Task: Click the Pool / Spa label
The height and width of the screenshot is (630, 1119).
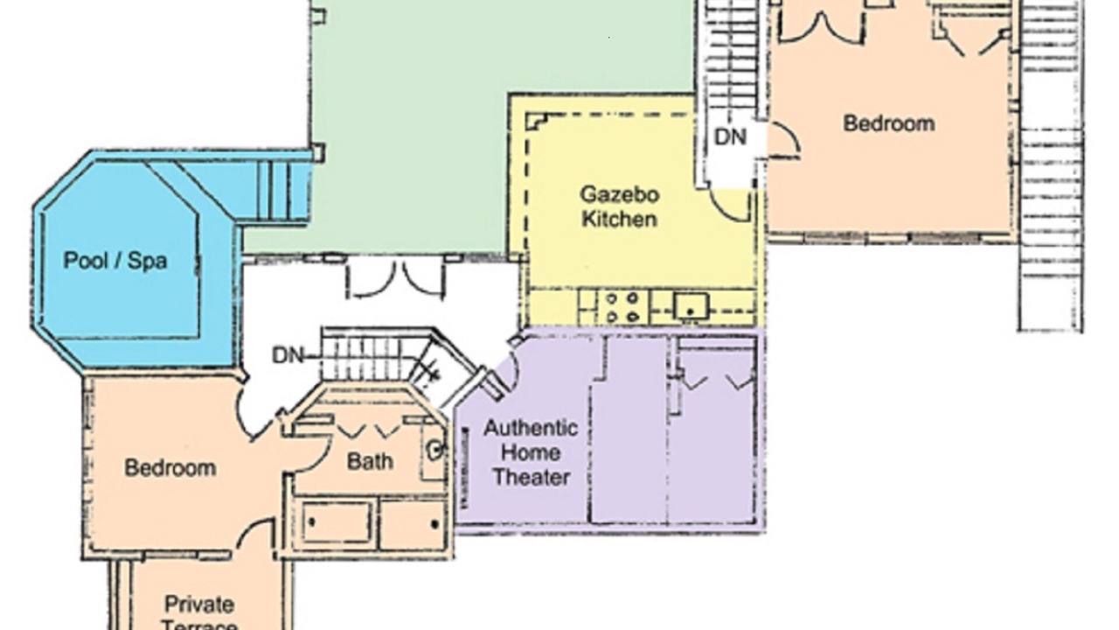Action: point(115,261)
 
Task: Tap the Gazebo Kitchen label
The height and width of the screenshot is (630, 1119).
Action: point(620,207)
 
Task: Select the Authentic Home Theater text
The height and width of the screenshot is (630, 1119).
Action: point(531,453)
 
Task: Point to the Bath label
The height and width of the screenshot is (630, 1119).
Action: point(370,461)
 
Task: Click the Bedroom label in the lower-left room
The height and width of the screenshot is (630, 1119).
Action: point(170,468)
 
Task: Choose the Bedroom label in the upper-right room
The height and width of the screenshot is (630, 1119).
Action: point(889,123)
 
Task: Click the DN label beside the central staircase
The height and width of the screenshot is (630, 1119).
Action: point(288,355)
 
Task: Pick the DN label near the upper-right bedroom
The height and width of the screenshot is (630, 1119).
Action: point(730,137)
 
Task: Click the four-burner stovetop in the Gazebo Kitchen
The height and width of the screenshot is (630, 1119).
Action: point(622,307)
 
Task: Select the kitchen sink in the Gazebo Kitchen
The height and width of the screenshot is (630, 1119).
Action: point(690,306)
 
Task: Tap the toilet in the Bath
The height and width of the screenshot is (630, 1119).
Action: point(434,450)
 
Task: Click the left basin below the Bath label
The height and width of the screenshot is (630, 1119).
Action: point(337,523)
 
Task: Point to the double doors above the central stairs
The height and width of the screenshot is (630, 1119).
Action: point(396,279)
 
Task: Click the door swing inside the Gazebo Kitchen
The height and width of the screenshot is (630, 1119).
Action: point(730,205)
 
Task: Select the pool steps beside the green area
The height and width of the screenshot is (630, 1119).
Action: point(279,190)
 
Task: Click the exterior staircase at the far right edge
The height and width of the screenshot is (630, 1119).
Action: point(1050,165)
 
